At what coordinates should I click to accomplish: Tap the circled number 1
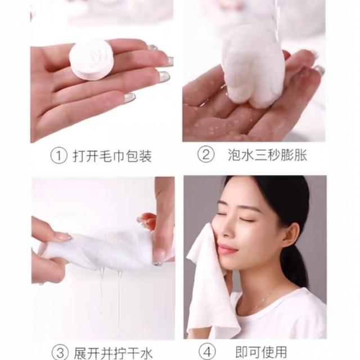(x=58, y=156)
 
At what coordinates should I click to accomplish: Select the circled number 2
(x=206, y=155)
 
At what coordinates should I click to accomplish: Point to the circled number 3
(x=60, y=353)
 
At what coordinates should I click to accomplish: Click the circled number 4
(x=207, y=352)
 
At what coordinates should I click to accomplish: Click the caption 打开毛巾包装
(x=112, y=156)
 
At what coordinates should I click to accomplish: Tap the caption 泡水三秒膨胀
(x=268, y=155)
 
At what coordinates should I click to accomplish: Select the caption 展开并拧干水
(x=114, y=353)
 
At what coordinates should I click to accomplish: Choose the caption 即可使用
(x=261, y=352)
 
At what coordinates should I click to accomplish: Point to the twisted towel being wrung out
(x=96, y=249)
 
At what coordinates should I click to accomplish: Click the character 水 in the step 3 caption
(x=146, y=353)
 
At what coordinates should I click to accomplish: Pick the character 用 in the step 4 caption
(x=281, y=352)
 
